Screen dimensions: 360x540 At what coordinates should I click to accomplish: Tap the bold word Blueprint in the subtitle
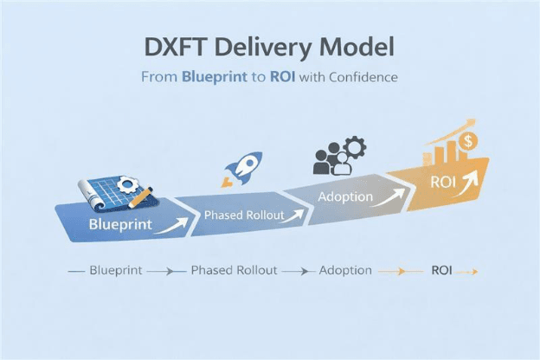tap(213, 77)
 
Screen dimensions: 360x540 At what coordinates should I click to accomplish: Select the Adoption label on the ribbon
tap(345, 196)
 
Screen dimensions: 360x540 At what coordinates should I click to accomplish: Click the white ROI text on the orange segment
tap(444, 183)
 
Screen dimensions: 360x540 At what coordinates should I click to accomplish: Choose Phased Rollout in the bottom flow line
tap(234, 270)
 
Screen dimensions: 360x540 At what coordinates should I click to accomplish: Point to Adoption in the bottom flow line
tap(344, 270)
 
